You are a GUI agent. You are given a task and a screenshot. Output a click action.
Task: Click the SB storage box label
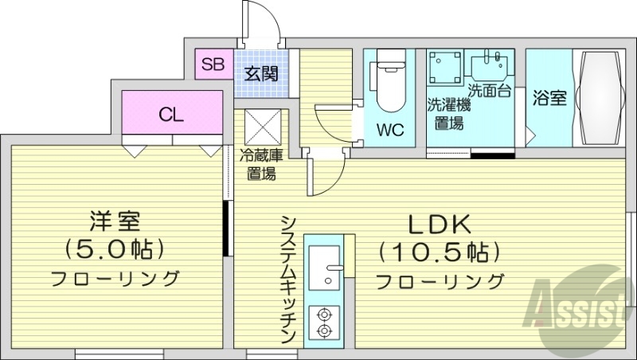coord(213,65)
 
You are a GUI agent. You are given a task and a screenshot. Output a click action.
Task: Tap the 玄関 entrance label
coord(260,75)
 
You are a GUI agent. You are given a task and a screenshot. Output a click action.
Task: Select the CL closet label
coord(171,114)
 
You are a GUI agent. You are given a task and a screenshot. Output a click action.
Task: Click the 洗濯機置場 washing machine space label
coord(448,113)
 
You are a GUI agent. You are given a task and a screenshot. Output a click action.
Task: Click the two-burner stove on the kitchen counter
coord(324,320)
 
